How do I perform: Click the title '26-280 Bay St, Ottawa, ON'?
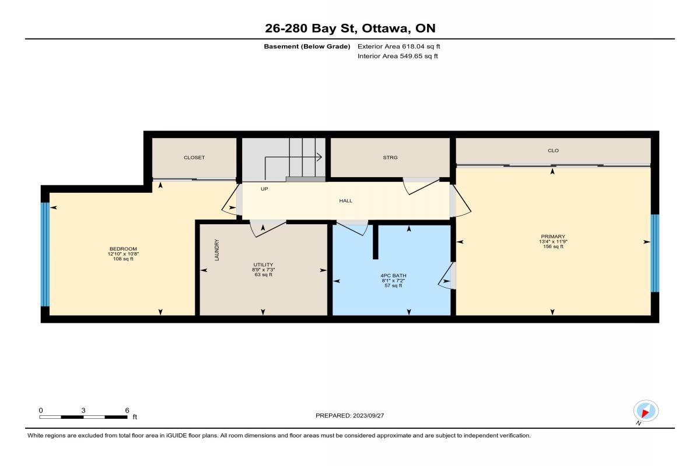click(350, 29)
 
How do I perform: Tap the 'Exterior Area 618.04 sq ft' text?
click(399, 47)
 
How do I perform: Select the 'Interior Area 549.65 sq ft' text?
click(397, 56)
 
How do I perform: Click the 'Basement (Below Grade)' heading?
click(307, 47)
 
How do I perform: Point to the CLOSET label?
click(194, 158)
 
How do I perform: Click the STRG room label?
click(390, 158)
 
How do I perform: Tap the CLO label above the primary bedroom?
click(553, 150)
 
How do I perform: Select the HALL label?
click(345, 201)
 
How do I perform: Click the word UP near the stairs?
click(264, 189)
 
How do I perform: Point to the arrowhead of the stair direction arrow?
click(320, 157)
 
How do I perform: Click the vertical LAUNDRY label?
click(217, 250)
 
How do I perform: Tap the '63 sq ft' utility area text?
click(264, 275)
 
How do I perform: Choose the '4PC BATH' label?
click(393, 276)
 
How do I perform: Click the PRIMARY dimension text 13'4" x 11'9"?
click(553, 242)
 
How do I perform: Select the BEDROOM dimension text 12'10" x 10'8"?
click(123, 254)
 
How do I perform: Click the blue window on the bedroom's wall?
click(45, 255)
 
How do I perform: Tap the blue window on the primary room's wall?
click(655, 253)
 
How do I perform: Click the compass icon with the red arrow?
click(646, 411)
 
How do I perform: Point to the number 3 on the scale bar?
click(83, 411)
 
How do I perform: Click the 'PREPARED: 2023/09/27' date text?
click(349, 416)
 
